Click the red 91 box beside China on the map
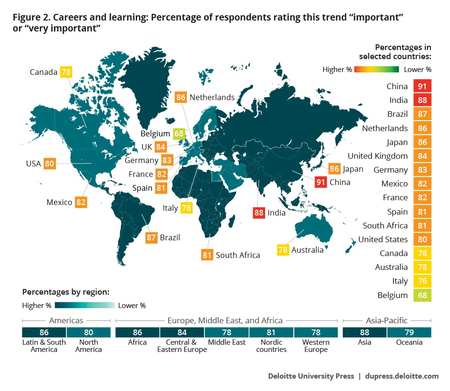coord(321,182)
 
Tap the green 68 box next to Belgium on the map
coord(180,134)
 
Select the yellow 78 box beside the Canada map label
coord(65,72)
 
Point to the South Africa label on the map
coord(238,255)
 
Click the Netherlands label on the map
coord(212,97)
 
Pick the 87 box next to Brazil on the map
coord(151,237)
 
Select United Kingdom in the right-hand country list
coord(377,156)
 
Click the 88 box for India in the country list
coord(422,100)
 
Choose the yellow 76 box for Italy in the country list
coord(422,281)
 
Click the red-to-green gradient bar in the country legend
coord(377,70)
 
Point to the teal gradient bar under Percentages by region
coord(85,305)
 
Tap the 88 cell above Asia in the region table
coord(365,332)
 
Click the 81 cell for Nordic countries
coord(271,332)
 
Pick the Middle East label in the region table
coord(227,342)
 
